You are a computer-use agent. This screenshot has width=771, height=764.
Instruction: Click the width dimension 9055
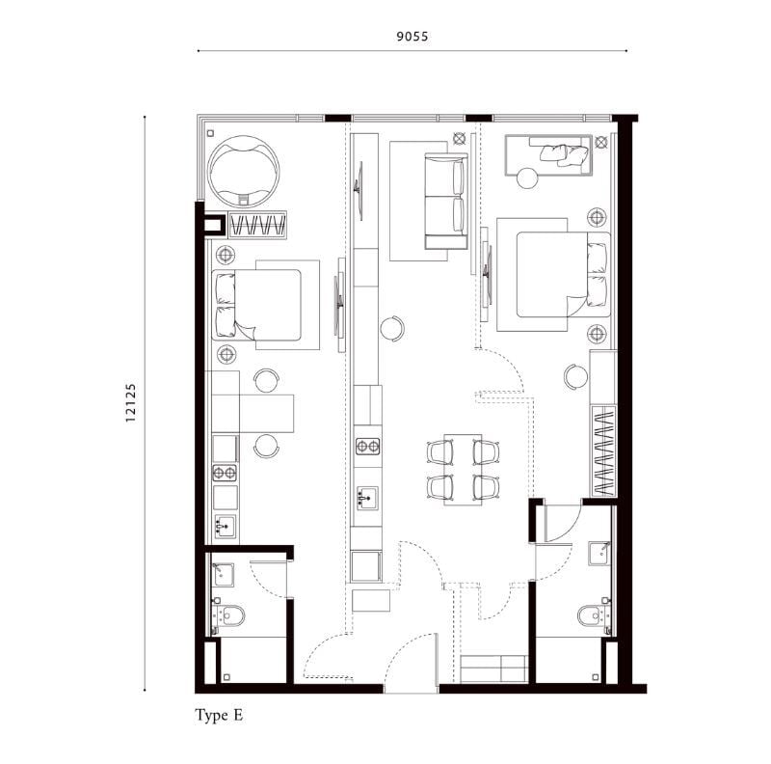click(412, 37)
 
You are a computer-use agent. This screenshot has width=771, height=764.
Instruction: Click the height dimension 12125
click(130, 402)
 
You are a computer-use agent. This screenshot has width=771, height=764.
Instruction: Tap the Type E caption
click(219, 715)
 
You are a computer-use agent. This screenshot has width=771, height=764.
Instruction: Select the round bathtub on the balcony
click(243, 172)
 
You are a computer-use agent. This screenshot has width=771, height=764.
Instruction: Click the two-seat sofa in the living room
click(446, 201)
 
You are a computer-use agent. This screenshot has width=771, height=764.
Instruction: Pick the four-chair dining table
click(463, 470)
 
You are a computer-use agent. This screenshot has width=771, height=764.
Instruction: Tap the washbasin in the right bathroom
click(599, 554)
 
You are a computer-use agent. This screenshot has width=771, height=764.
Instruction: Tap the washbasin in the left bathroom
click(223, 575)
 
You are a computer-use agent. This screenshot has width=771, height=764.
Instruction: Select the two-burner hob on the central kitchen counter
click(368, 446)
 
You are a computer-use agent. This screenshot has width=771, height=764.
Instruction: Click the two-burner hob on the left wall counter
click(225, 473)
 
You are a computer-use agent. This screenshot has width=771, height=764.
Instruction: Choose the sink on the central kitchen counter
click(367, 498)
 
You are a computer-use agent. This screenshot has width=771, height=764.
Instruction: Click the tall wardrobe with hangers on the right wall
click(604, 450)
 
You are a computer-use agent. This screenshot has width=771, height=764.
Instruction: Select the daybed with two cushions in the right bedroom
click(548, 154)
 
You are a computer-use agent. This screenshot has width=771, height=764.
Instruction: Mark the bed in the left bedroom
click(256, 305)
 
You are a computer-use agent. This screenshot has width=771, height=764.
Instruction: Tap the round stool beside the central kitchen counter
click(392, 328)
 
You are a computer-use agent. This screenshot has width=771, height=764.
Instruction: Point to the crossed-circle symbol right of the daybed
click(600, 142)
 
